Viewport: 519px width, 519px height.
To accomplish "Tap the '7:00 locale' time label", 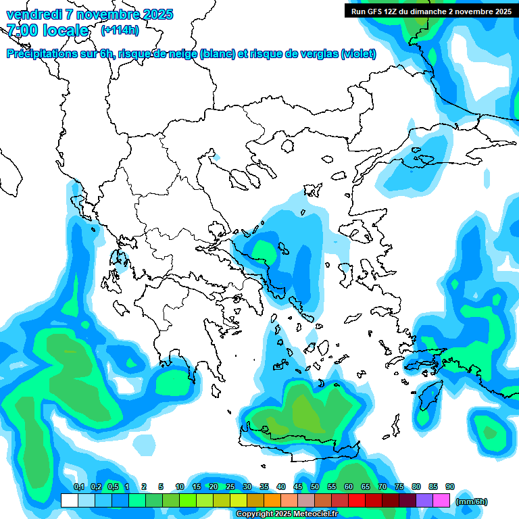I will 48,30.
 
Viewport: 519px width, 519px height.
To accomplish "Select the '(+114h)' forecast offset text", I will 120,30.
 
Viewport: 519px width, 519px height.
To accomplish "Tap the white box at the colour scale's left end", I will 69,500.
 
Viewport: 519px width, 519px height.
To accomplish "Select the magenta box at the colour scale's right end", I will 441,500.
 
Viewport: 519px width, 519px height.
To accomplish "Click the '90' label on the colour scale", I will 450,487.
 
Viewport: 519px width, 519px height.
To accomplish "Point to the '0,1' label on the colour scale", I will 78,487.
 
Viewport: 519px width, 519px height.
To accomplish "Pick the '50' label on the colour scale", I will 315,487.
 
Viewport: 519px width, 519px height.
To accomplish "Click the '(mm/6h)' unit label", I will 472,501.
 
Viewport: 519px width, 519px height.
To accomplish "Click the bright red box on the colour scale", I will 357,500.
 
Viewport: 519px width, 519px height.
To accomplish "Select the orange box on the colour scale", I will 272,500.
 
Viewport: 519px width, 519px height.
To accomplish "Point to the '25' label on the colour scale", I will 230,487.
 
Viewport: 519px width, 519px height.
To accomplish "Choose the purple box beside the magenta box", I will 424,500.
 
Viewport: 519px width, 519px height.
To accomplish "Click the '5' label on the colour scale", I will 161,487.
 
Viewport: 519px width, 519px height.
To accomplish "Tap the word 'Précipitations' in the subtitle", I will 40,54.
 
